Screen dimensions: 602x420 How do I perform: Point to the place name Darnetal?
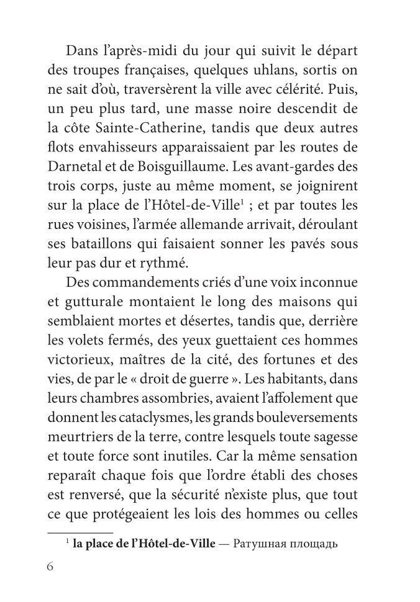tap(77, 168)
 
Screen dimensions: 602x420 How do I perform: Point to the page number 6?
tap(52, 568)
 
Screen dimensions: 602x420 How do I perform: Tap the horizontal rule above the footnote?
tap(80, 532)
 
